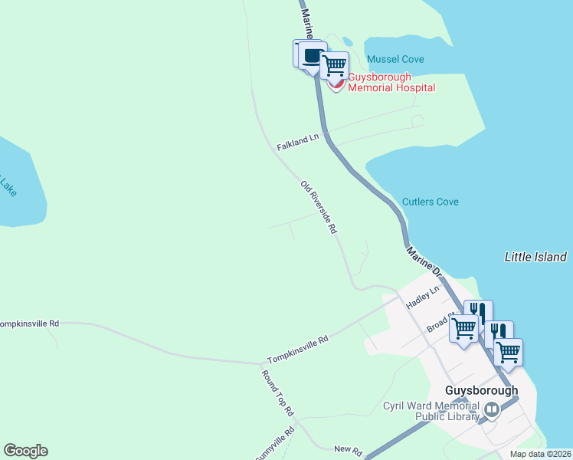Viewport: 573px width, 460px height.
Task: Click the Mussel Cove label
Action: (x=395, y=59)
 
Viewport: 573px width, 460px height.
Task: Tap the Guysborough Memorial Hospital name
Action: (x=391, y=82)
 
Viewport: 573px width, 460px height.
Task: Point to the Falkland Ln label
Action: (x=298, y=142)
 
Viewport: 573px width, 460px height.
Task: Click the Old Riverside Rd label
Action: (x=319, y=207)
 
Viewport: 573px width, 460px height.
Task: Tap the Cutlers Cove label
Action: (x=431, y=202)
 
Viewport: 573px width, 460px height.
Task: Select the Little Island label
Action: (x=535, y=257)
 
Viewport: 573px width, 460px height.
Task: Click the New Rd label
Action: (x=346, y=449)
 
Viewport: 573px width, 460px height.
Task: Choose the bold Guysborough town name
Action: (x=481, y=389)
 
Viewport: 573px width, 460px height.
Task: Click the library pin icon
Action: (x=491, y=410)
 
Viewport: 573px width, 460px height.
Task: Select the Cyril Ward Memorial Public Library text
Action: (x=431, y=411)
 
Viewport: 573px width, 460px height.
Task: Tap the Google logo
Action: (x=25, y=451)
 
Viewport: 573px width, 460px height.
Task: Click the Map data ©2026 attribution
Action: (x=539, y=454)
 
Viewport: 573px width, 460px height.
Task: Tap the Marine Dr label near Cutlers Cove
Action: (x=424, y=261)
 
